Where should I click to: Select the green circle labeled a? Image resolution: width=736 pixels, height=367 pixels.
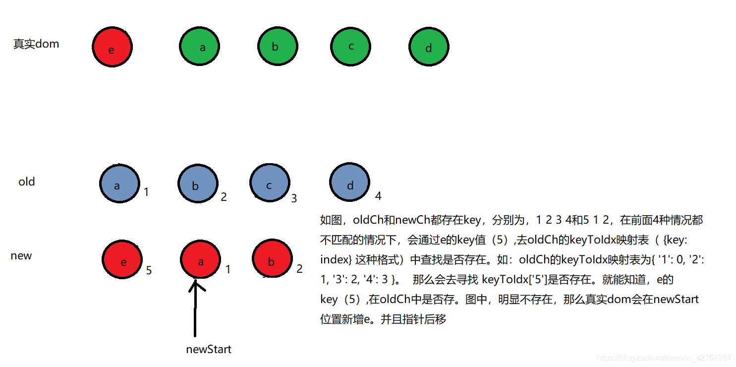click(200, 47)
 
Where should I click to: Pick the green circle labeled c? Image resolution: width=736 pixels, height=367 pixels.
click(351, 47)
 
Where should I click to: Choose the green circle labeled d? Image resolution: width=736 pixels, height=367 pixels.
click(429, 47)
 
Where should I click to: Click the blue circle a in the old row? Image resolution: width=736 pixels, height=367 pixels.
click(119, 184)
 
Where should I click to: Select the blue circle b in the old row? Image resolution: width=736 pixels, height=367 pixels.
click(197, 184)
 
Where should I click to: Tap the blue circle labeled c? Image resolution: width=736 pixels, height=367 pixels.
click(270, 183)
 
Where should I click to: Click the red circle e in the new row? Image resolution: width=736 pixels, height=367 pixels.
click(122, 260)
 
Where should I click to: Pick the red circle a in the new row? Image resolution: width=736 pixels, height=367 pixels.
click(200, 260)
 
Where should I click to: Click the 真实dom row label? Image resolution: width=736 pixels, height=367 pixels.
click(36, 44)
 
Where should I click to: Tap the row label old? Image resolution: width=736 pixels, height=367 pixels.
click(27, 182)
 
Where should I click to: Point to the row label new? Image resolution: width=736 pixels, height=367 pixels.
click(21, 256)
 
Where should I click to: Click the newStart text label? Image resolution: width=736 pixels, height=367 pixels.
click(209, 349)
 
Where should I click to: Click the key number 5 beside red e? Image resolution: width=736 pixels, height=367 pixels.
click(149, 270)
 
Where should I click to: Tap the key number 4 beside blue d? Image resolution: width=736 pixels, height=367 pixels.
click(378, 196)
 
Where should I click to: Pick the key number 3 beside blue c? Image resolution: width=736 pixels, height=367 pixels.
click(294, 198)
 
